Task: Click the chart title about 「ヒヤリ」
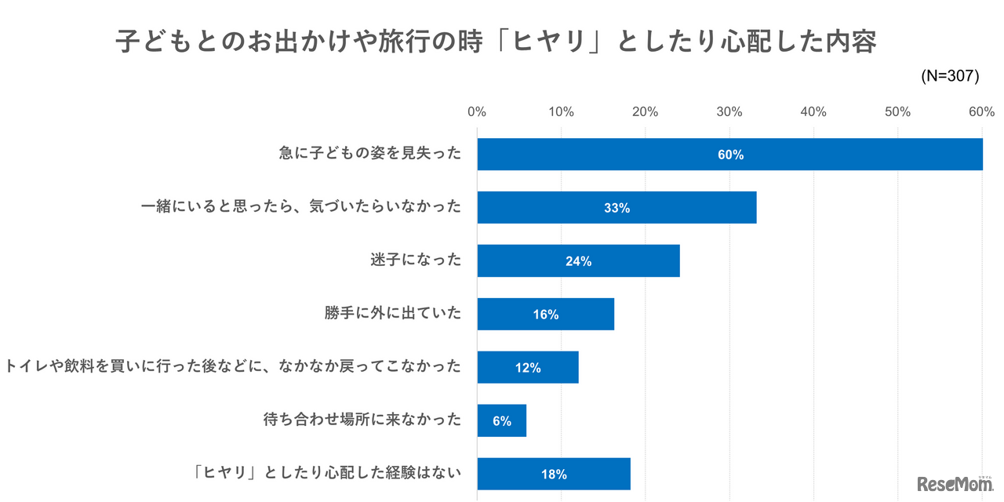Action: point(496,42)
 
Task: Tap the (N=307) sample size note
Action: point(950,76)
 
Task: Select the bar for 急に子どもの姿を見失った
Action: point(729,155)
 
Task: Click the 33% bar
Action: point(617,208)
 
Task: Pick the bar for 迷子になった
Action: point(578,261)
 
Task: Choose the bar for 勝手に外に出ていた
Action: point(545,315)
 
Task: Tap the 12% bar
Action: point(528,367)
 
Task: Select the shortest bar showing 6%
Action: point(502,420)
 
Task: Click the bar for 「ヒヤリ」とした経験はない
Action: point(554,474)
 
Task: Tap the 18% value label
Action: point(554,475)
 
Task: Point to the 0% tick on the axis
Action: point(477,112)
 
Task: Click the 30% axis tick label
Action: point(729,112)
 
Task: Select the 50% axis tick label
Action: point(898,112)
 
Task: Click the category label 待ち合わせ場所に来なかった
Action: point(362,420)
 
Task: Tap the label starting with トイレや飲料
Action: point(234,366)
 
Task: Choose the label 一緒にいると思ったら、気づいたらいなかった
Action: point(301,207)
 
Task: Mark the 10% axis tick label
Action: point(561,112)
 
